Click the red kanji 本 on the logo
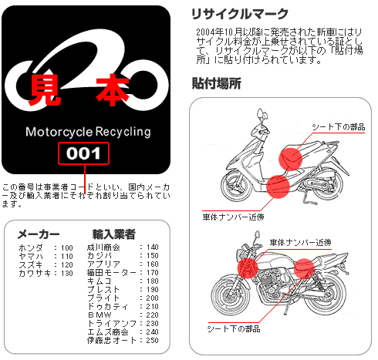point(113,90)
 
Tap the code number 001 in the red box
point(83,153)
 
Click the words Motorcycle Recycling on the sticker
point(88,132)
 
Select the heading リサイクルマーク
point(240,14)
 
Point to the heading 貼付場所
point(216,83)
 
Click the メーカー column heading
point(39,234)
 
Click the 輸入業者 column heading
point(114,234)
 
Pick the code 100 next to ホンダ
point(67,247)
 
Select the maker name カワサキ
point(35,273)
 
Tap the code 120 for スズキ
point(67,264)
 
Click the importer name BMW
point(100,315)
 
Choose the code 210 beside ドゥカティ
point(152,307)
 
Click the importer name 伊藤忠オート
point(112,341)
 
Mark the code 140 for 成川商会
point(152,247)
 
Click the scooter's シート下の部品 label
point(339,127)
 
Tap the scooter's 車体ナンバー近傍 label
point(233,217)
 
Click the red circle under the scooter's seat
point(291,159)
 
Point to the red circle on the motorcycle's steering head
point(248,268)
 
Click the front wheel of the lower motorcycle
point(231,294)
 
